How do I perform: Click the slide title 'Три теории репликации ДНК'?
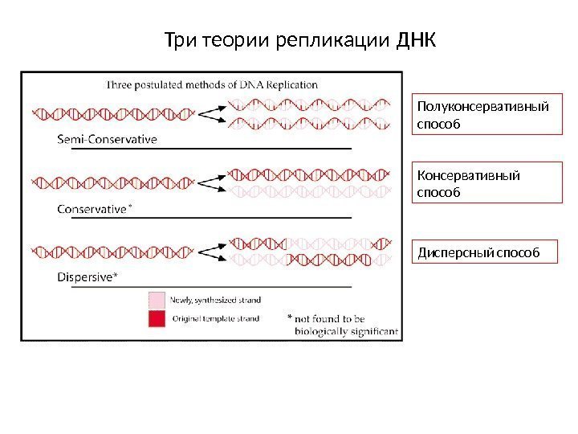[299, 39]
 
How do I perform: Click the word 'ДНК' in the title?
[417, 39]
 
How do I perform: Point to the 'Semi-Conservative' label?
[107, 139]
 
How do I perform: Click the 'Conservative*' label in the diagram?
[95, 209]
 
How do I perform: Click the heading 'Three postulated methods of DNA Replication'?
[213, 84]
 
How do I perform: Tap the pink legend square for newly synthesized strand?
[156, 300]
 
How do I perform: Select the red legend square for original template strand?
[156, 319]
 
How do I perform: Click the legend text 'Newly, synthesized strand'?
[214, 300]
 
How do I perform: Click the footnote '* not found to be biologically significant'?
[341, 325]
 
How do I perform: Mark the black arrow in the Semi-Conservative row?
[210, 113]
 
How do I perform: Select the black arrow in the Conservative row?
[210, 182]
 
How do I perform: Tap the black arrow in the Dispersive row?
[210, 252]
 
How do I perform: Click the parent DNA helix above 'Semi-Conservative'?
[110, 113]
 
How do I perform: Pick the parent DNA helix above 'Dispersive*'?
[110, 252]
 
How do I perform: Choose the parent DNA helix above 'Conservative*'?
[110, 182]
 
